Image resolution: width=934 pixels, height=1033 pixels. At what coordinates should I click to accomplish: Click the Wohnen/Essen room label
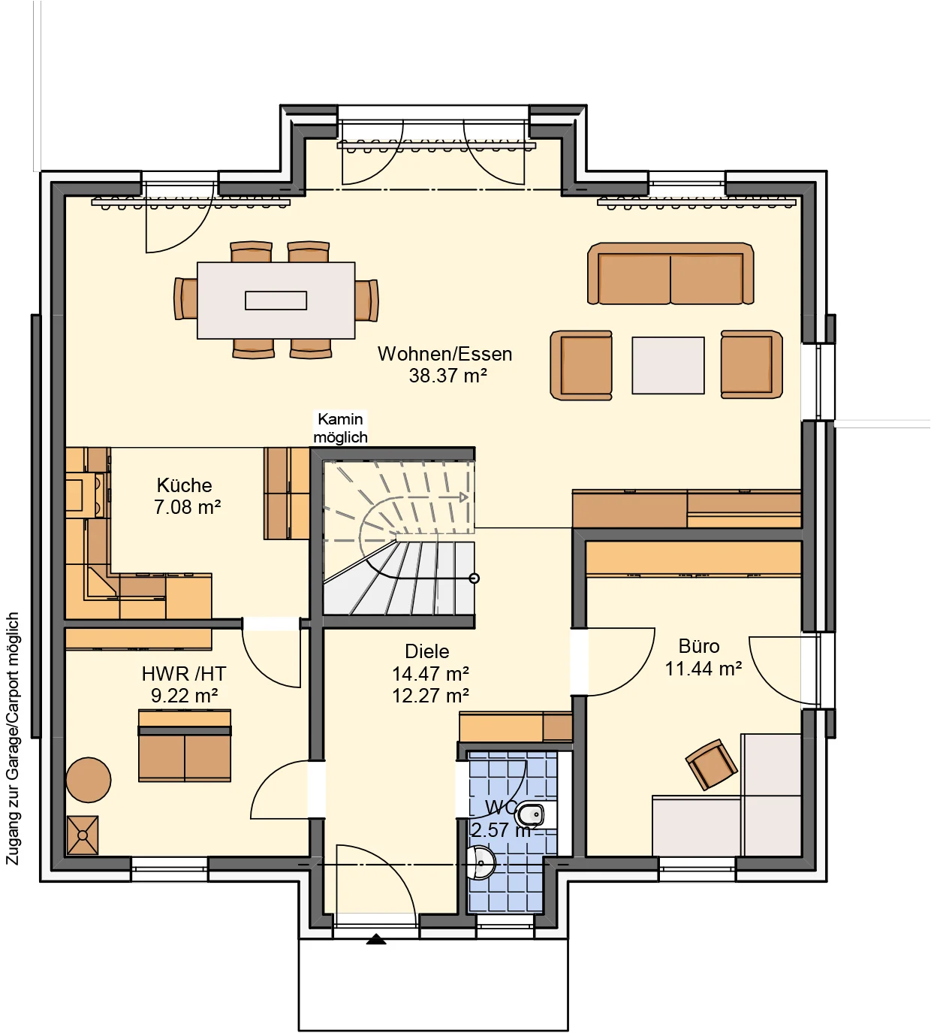click(444, 354)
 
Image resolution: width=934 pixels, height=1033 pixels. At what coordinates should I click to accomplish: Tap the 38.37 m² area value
click(447, 376)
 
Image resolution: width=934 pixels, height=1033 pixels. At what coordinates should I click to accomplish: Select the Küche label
click(185, 485)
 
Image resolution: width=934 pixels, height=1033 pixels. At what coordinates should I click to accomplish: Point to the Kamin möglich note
click(340, 428)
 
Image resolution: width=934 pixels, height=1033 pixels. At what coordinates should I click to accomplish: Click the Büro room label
click(698, 646)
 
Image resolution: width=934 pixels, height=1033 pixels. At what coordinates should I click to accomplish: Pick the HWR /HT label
click(184, 674)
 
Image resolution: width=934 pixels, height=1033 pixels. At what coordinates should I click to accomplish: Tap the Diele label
click(426, 651)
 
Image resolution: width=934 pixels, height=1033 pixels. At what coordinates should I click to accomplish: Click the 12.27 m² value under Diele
click(430, 696)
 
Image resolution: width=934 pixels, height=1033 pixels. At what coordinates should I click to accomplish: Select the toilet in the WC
click(532, 814)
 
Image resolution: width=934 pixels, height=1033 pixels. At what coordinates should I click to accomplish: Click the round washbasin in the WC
click(481, 862)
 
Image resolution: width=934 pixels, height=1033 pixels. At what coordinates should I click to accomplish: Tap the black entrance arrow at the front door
click(375, 939)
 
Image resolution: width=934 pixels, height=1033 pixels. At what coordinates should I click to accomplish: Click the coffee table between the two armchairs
click(667, 365)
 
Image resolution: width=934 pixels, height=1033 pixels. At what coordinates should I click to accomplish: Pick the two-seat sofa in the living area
click(670, 274)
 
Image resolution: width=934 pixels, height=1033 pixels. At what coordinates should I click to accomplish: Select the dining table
click(276, 301)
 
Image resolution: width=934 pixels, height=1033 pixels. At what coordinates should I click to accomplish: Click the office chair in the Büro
click(711, 764)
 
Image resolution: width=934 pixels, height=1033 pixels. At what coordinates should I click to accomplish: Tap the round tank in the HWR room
click(89, 780)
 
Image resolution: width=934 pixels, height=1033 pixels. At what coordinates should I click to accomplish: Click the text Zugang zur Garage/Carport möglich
click(13, 738)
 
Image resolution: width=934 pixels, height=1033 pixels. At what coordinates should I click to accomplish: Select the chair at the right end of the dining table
click(366, 300)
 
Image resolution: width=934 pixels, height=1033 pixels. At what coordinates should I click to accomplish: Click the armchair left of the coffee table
click(582, 364)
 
